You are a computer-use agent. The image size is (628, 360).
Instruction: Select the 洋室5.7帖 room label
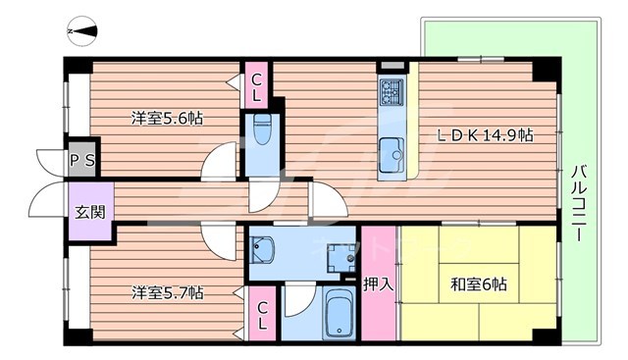click(x=168, y=292)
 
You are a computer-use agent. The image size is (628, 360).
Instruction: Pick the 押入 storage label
click(x=379, y=285)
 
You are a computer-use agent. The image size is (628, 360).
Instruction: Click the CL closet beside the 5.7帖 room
click(x=263, y=315)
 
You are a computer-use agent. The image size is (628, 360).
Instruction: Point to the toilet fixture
click(x=262, y=128)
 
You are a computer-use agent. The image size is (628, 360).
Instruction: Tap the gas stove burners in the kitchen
click(x=391, y=94)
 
